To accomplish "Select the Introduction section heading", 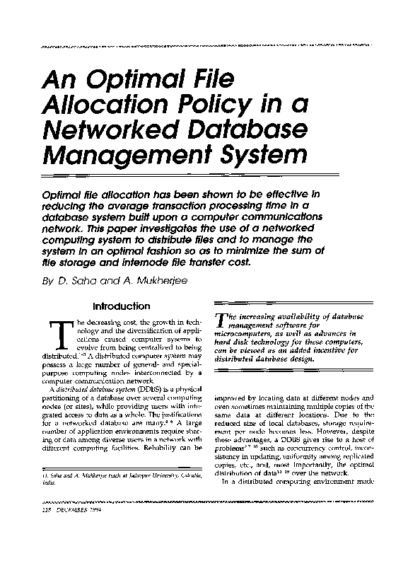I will point(122,306).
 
